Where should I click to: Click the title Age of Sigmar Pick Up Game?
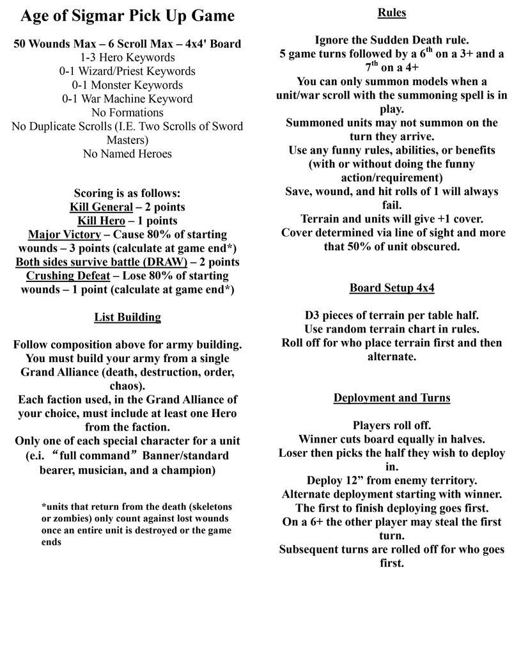(127, 15)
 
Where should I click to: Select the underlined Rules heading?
(391, 12)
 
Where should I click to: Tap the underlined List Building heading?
(127, 317)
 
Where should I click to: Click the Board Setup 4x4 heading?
(391, 288)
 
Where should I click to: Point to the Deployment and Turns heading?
(391, 398)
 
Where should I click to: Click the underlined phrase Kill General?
(101, 207)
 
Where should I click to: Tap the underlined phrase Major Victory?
(65, 235)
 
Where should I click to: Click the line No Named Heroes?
(127, 154)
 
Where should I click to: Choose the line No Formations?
(127, 113)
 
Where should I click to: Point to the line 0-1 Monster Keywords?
(127, 85)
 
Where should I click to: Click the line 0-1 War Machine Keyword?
(127, 99)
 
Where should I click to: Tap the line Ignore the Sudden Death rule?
(392, 40)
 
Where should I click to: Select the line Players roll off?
(392, 425)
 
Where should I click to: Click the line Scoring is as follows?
(127, 193)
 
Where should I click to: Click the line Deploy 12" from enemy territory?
(392, 480)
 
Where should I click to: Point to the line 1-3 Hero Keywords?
(127, 58)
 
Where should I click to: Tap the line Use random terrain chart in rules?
(392, 329)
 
